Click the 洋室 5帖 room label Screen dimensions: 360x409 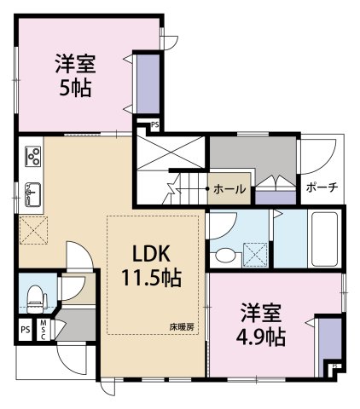(x=75, y=75)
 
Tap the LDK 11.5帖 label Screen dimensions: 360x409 (x=152, y=266)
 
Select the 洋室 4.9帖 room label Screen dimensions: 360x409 (x=261, y=325)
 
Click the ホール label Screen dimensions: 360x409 (x=229, y=189)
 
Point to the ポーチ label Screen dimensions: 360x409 (x=322, y=187)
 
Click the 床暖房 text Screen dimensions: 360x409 (x=182, y=327)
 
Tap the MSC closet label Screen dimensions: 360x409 (x=44, y=330)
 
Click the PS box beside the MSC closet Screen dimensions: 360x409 (x=26, y=330)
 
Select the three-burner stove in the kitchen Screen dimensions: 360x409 (x=33, y=156)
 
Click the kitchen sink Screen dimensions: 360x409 (x=33, y=194)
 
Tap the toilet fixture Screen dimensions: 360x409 (x=37, y=299)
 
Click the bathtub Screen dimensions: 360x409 (x=324, y=239)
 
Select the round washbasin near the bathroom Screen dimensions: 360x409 (x=226, y=255)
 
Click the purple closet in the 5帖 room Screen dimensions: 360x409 (x=148, y=84)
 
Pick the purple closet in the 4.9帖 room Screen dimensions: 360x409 (x=330, y=346)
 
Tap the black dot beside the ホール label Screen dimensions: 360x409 (x=207, y=188)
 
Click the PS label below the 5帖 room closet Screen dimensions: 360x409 (x=155, y=125)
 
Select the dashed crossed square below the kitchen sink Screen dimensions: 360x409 (x=34, y=230)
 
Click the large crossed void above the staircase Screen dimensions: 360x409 (x=171, y=153)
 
